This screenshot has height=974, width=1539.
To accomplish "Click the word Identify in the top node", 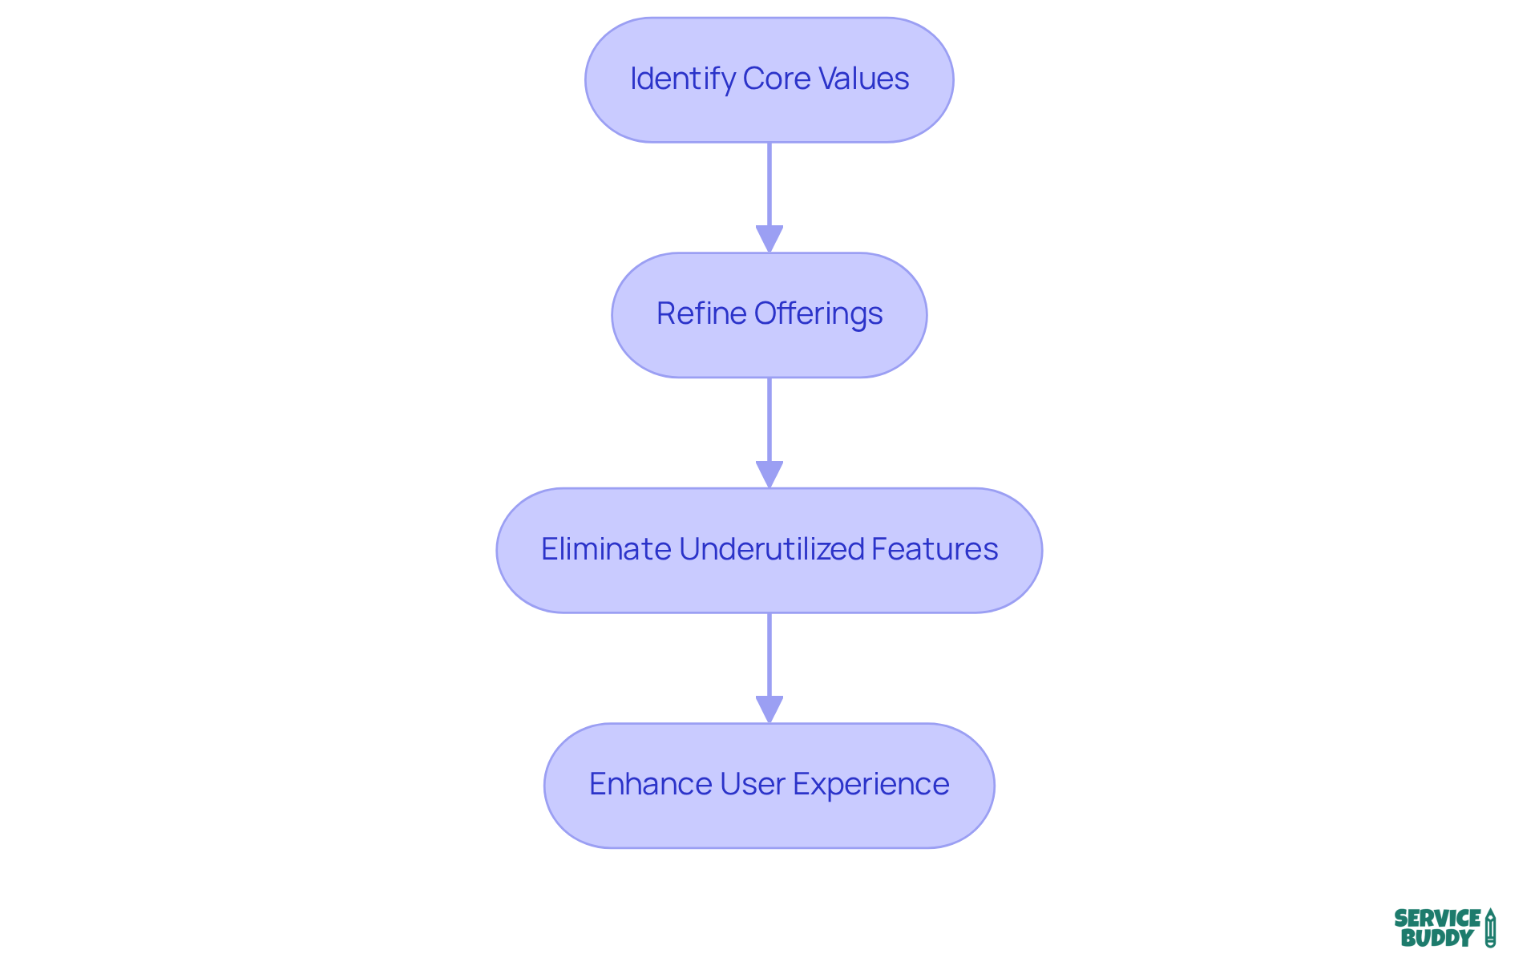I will tap(681, 79).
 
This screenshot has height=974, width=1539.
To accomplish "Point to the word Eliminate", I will tap(606, 549).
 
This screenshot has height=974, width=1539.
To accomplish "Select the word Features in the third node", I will tap(935, 549).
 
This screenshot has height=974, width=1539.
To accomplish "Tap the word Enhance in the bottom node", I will tap(650, 784).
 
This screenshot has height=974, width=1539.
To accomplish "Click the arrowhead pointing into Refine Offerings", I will tap(769, 239).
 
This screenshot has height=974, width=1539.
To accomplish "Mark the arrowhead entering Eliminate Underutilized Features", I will tap(769, 474).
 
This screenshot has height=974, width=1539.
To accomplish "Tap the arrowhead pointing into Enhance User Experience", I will tap(769, 709).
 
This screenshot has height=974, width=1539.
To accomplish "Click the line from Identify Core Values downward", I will tap(769, 184).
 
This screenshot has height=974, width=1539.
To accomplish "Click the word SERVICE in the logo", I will tap(1437, 918).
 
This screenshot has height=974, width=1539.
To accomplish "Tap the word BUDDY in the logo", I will tap(1437, 938).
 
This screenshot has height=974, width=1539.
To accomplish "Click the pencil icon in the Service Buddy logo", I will tap(1490, 928).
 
